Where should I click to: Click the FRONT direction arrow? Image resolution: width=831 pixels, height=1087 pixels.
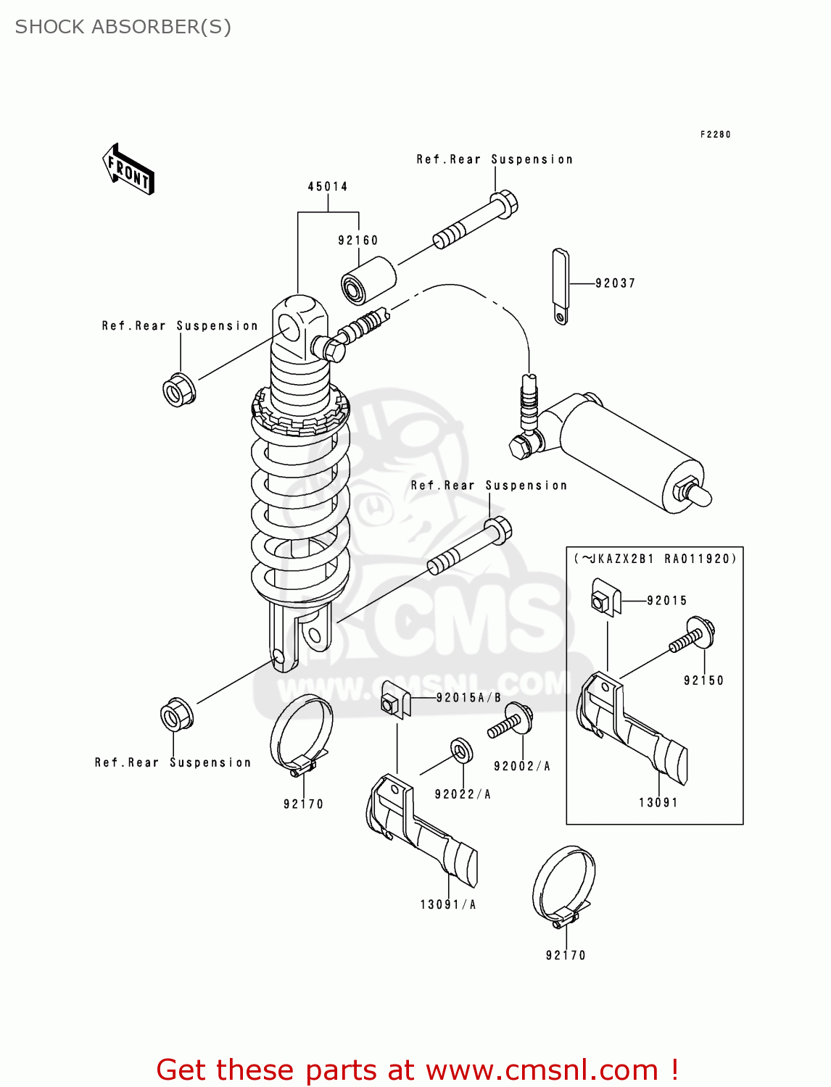[128, 170]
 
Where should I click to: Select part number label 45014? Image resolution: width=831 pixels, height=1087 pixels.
[328, 187]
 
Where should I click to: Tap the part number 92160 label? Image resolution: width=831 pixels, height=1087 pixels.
[358, 241]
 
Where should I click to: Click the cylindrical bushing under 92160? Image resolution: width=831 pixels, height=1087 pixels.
[368, 280]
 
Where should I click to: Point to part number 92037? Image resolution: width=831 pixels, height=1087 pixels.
[616, 283]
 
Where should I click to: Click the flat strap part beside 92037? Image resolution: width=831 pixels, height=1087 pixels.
[561, 286]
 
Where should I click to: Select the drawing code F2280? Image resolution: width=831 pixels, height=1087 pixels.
[715, 135]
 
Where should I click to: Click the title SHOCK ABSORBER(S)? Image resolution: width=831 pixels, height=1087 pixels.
[123, 27]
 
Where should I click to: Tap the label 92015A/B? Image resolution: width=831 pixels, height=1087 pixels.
[468, 698]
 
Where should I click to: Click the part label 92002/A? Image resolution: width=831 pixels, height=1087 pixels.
[522, 766]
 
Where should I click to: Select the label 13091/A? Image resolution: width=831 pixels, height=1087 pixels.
[448, 904]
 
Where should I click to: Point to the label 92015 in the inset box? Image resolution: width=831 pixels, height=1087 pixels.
[666, 601]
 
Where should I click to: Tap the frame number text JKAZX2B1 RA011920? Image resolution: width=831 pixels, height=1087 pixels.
[656, 559]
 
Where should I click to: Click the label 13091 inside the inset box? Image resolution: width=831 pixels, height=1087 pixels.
[658, 802]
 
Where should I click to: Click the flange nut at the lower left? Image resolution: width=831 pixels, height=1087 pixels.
[176, 716]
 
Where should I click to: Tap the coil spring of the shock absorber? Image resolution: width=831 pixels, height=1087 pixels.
[300, 507]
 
